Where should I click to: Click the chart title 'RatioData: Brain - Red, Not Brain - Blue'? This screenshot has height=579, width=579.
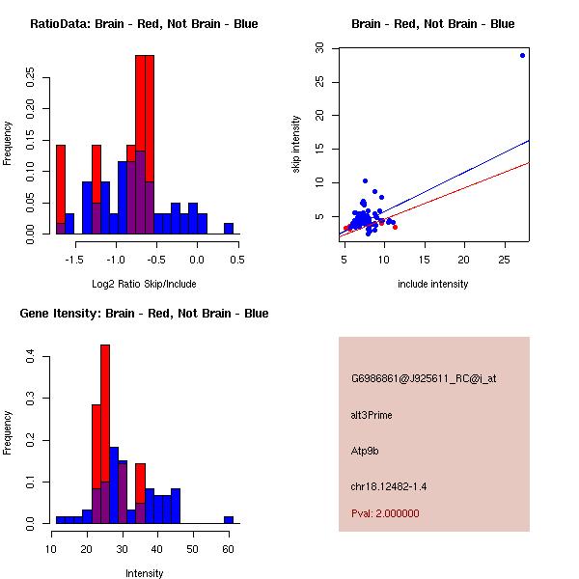click(x=144, y=24)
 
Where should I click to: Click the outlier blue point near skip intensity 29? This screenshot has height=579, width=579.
click(x=522, y=55)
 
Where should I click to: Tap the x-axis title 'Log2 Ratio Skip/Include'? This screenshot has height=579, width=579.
click(x=144, y=284)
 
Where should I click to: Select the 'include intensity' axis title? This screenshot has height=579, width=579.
click(x=433, y=284)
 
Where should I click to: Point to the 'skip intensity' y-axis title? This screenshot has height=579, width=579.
click(x=296, y=144)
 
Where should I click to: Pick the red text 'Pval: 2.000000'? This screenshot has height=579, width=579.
click(x=385, y=513)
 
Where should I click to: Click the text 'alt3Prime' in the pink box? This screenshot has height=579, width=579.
click(x=372, y=415)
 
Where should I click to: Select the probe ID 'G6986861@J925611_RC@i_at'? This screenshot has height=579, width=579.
click(x=423, y=379)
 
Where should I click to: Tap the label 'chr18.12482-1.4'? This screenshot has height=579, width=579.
click(x=388, y=486)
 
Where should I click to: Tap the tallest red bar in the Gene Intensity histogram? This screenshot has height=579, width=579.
click(x=104, y=434)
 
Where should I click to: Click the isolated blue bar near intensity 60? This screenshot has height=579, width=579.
click(x=229, y=519)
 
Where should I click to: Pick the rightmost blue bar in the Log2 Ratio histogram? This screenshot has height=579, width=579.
click(x=229, y=229)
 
